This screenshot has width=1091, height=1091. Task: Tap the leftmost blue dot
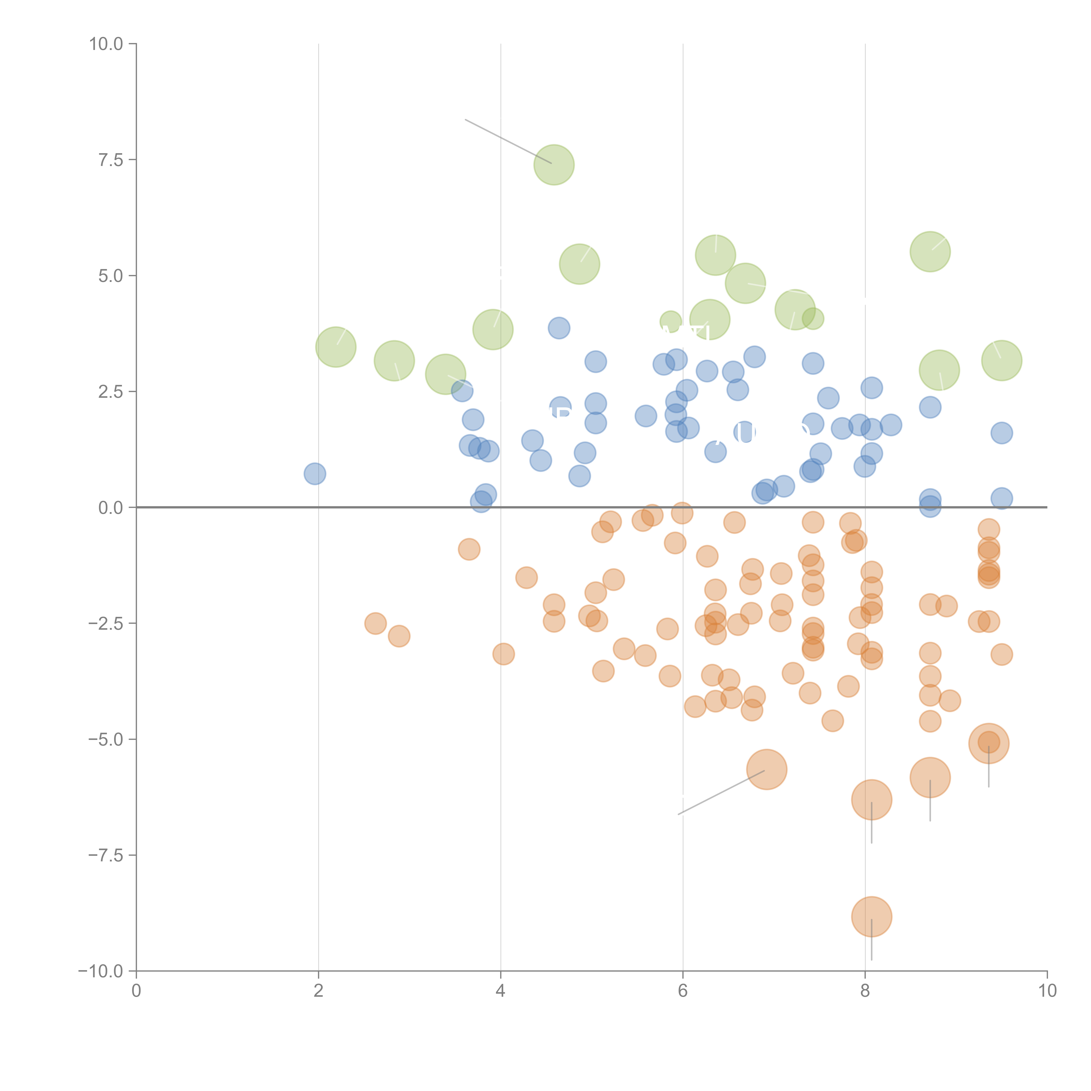(x=315, y=474)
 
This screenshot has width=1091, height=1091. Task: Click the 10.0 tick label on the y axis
(x=106, y=44)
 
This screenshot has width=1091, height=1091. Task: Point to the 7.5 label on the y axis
(x=111, y=160)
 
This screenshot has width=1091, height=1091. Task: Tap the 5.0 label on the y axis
(x=111, y=276)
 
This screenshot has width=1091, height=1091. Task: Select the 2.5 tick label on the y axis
(x=111, y=391)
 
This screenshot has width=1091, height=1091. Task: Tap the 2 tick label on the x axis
(x=319, y=990)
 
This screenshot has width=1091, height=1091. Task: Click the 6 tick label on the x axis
(x=683, y=990)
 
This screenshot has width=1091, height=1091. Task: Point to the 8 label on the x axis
(x=865, y=990)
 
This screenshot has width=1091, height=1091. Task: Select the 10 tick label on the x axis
(x=1047, y=990)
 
